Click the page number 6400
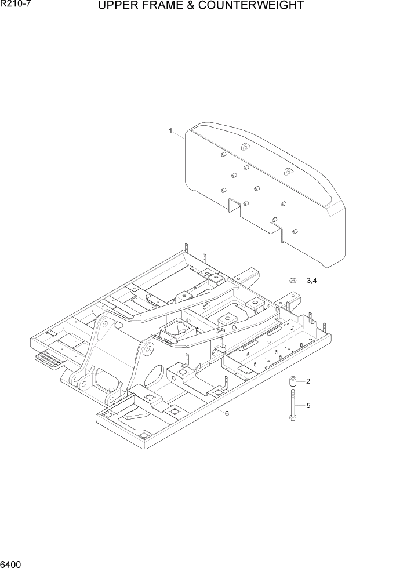click(x=12, y=565)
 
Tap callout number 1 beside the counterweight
click(x=170, y=131)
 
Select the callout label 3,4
click(x=311, y=281)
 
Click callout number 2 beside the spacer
click(x=308, y=381)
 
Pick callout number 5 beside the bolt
click(x=308, y=405)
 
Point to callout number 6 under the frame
click(x=227, y=413)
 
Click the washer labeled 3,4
click(x=293, y=281)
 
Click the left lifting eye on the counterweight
click(x=245, y=148)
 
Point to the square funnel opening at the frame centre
click(x=173, y=331)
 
